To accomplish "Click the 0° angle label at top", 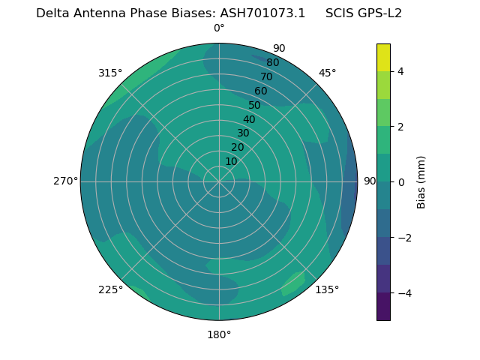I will (x=219, y=28).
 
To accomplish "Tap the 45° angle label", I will (x=327, y=73).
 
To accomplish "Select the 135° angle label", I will (x=327, y=289).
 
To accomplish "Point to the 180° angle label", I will (x=219, y=334).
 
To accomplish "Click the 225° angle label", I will (x=110, y=289).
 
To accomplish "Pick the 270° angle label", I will (x=65, y=181).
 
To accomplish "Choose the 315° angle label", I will (x=110, y=73).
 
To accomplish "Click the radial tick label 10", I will (x=231, y=161).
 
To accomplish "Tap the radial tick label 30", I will (x=243, y=133).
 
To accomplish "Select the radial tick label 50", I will (x=255, y=105).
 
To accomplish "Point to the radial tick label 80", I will (x=273, y=63).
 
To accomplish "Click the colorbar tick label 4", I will (x=401, y=71).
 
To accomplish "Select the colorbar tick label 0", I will (x=401, y=182).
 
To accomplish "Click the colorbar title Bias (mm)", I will (x=421, y=182).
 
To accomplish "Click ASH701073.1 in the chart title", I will (x=262, y=13).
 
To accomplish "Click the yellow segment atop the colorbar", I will (x=384, y=57).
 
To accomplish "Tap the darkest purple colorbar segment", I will (x=384, y=307).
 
